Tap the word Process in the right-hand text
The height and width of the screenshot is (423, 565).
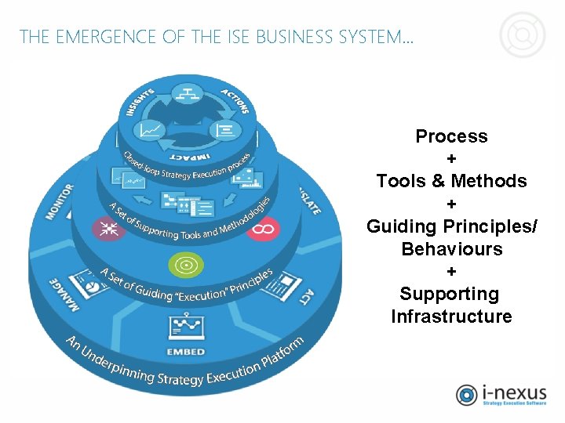[451, 136]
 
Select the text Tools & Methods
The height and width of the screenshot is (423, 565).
[451, 181]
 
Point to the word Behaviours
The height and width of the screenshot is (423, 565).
[451, 249]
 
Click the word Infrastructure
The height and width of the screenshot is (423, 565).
[451, 316]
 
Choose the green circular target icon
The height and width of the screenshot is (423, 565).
[186, 265]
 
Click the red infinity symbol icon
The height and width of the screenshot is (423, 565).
[262, 229]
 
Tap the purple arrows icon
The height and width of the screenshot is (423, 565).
[108, 228]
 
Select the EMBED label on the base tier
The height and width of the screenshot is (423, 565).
[186, 351]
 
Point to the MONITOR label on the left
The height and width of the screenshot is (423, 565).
[60, 201]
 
